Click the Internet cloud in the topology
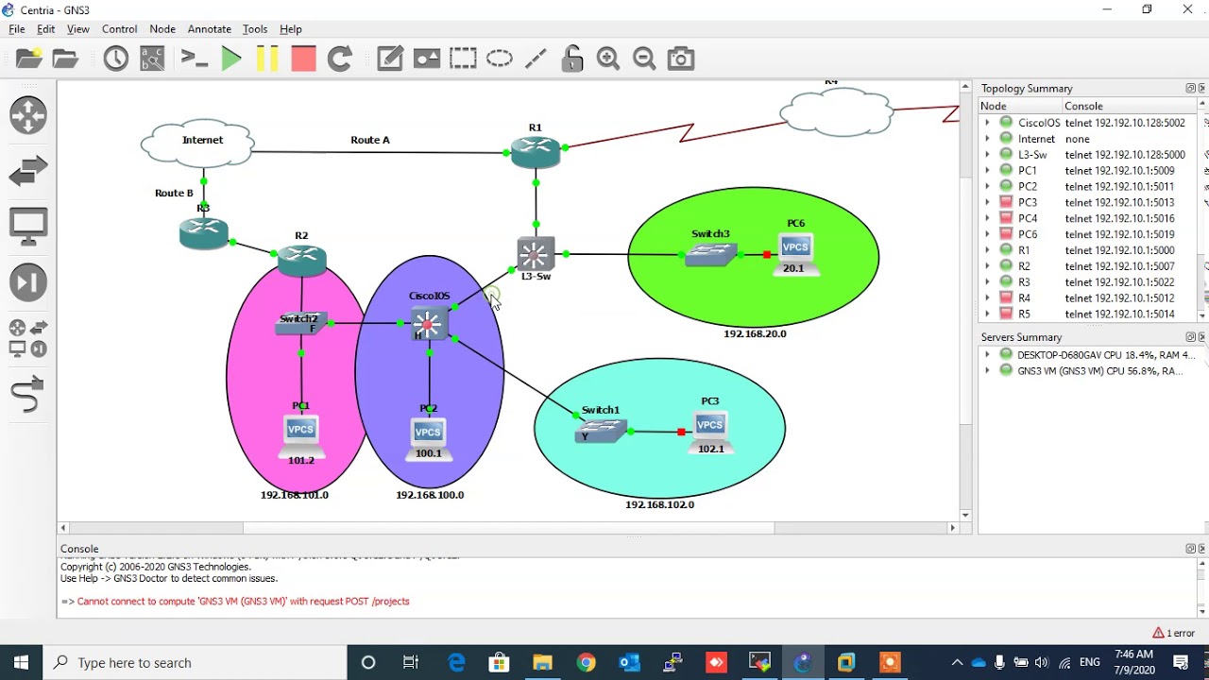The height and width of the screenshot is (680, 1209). pyautogui.click(x=198, y=144)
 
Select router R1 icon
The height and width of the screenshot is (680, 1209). pyautogui.click(x=536, y=151)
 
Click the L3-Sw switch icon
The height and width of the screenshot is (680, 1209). pyautogui.click(x=536, y=254)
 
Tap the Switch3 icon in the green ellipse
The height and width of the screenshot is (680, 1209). pyautogui.click(x=710, y=253)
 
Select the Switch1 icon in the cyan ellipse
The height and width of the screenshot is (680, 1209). pyautogui.click(x=601, y=431)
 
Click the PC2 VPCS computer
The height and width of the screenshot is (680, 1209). pyautogui.click(x=428, y=433)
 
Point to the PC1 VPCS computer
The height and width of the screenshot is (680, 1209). pyautogui.click(x=300, y=432)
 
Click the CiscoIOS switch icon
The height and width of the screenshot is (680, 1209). pyautogui.click(x=428, y=324)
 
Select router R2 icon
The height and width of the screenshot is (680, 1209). pyautogui.click(x=302, y=258)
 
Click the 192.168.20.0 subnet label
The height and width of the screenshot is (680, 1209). pyautogui.click(x=755, y=333)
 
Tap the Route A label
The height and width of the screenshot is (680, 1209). pyautogui.click(x=370, y=140)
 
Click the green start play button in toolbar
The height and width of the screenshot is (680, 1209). pyautogui.click(x=231, y=59)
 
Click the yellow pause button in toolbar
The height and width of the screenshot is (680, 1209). pyautogui.click(x=267, y=59)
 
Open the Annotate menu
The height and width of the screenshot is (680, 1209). pyautogui.click(x=210, y=29)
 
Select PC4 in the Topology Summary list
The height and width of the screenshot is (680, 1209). pyautogui.click(x=1028, y=218)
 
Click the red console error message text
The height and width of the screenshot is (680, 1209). pyautogui.click(x=243, y=601)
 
